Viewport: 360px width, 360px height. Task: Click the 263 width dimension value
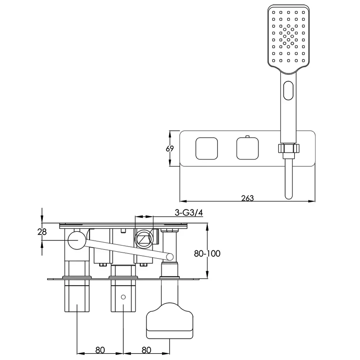click(x=248, y=198)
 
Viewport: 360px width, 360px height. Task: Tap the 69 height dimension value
click(x=170, y=149)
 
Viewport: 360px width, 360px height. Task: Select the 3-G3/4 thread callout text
click(x=189, y=213)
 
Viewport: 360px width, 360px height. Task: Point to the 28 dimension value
click(x=42, y=232)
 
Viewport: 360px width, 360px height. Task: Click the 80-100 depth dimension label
click(x=207, y=253)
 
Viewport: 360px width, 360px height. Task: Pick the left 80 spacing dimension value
click(x=100, y=350)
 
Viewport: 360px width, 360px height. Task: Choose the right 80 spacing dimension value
click(x=147, y=350)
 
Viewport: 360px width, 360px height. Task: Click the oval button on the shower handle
click(x=289, y=90)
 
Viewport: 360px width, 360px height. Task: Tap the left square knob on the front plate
click(x=207, y=149)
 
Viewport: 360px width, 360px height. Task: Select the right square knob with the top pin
click(x=248, y=148)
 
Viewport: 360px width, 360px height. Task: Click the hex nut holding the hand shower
click(x=289, y=148)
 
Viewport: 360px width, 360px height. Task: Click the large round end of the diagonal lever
click(x=77, y=240)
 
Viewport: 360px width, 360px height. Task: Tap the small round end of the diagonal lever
click(x=170, y=257)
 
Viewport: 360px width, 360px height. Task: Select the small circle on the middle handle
click(x=123, y=297)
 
